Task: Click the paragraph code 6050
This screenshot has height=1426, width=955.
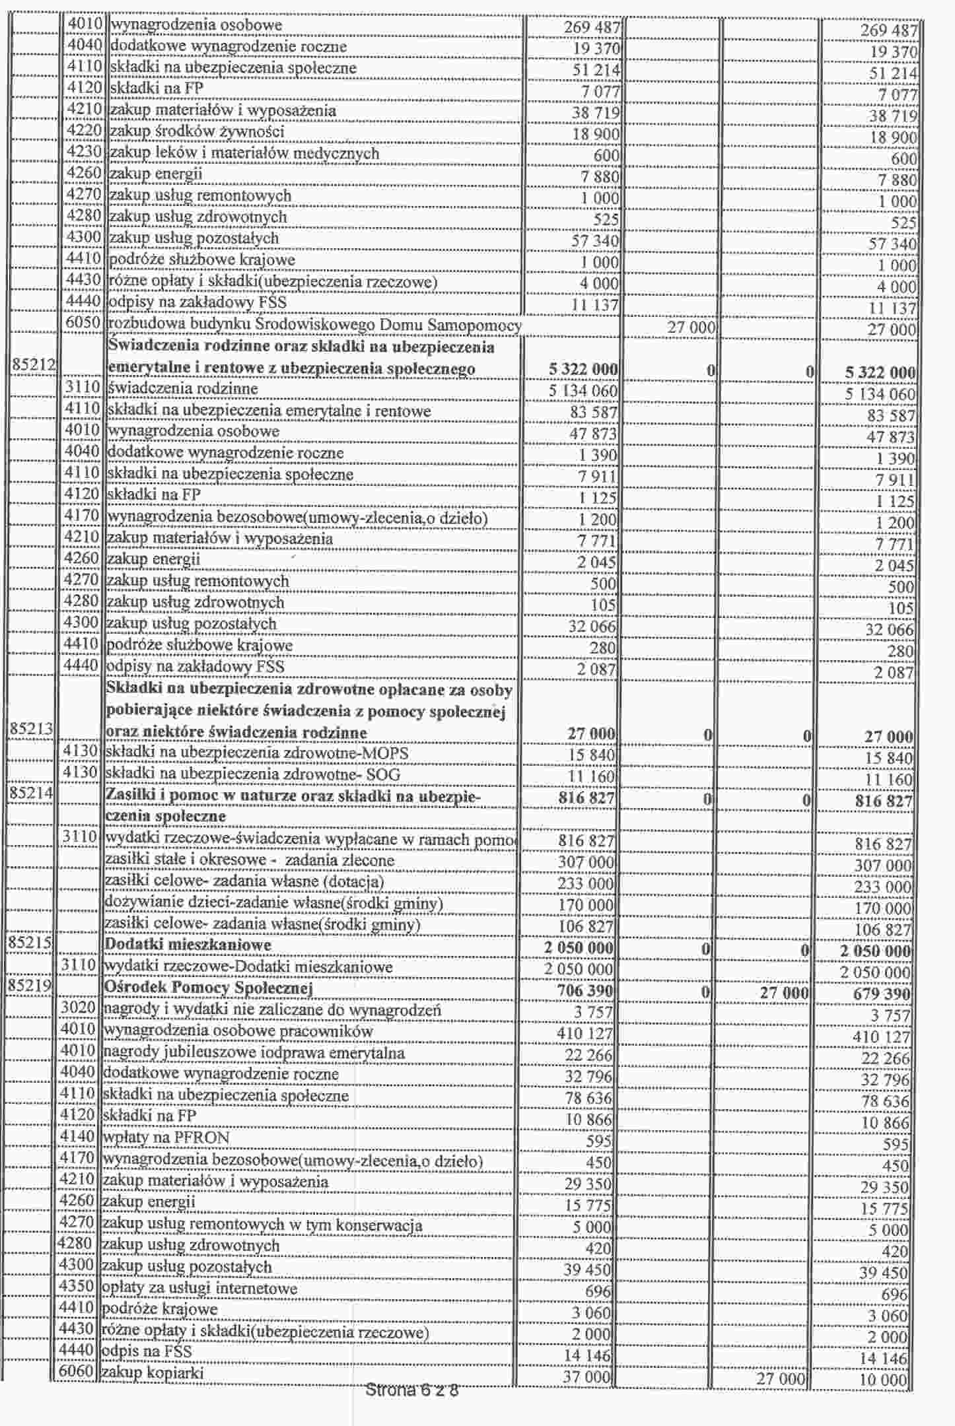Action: click(83, 323)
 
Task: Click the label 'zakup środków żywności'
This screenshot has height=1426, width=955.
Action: click(197, 132)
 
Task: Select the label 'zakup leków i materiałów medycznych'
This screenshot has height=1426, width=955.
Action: click(244, 154)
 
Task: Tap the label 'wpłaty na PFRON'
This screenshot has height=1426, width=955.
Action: click(166, 1137)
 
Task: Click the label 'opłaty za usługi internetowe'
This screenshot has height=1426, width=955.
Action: click(199, 1288)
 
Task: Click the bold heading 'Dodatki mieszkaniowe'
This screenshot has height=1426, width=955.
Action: click(188, 945)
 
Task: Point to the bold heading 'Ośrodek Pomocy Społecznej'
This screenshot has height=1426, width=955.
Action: click(208, 988)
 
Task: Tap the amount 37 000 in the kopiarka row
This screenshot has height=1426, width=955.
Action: click(587, 1376)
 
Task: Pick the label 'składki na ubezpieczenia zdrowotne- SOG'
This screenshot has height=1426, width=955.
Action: click(253, 774)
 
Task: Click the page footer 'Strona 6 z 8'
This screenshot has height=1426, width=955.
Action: click(411, 1390)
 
